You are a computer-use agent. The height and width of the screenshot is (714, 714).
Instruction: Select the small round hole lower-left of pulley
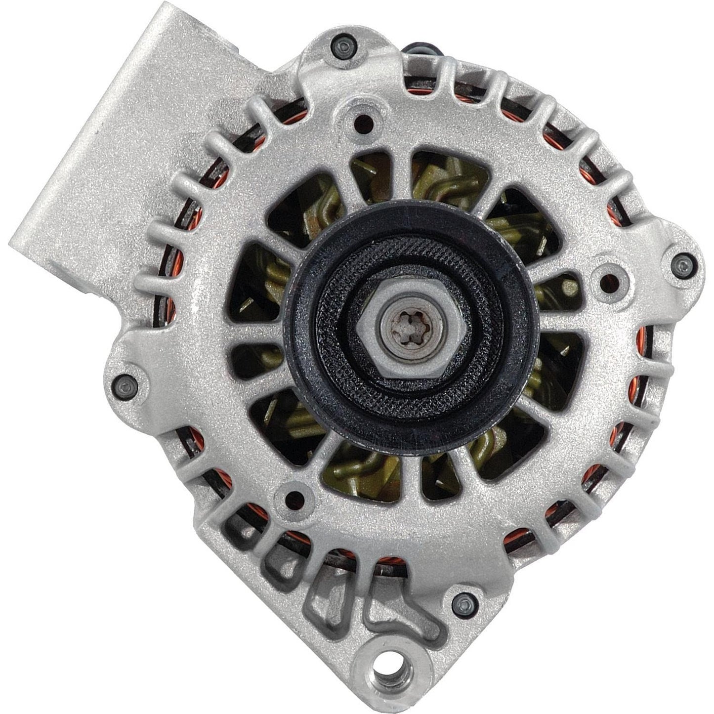295,498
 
